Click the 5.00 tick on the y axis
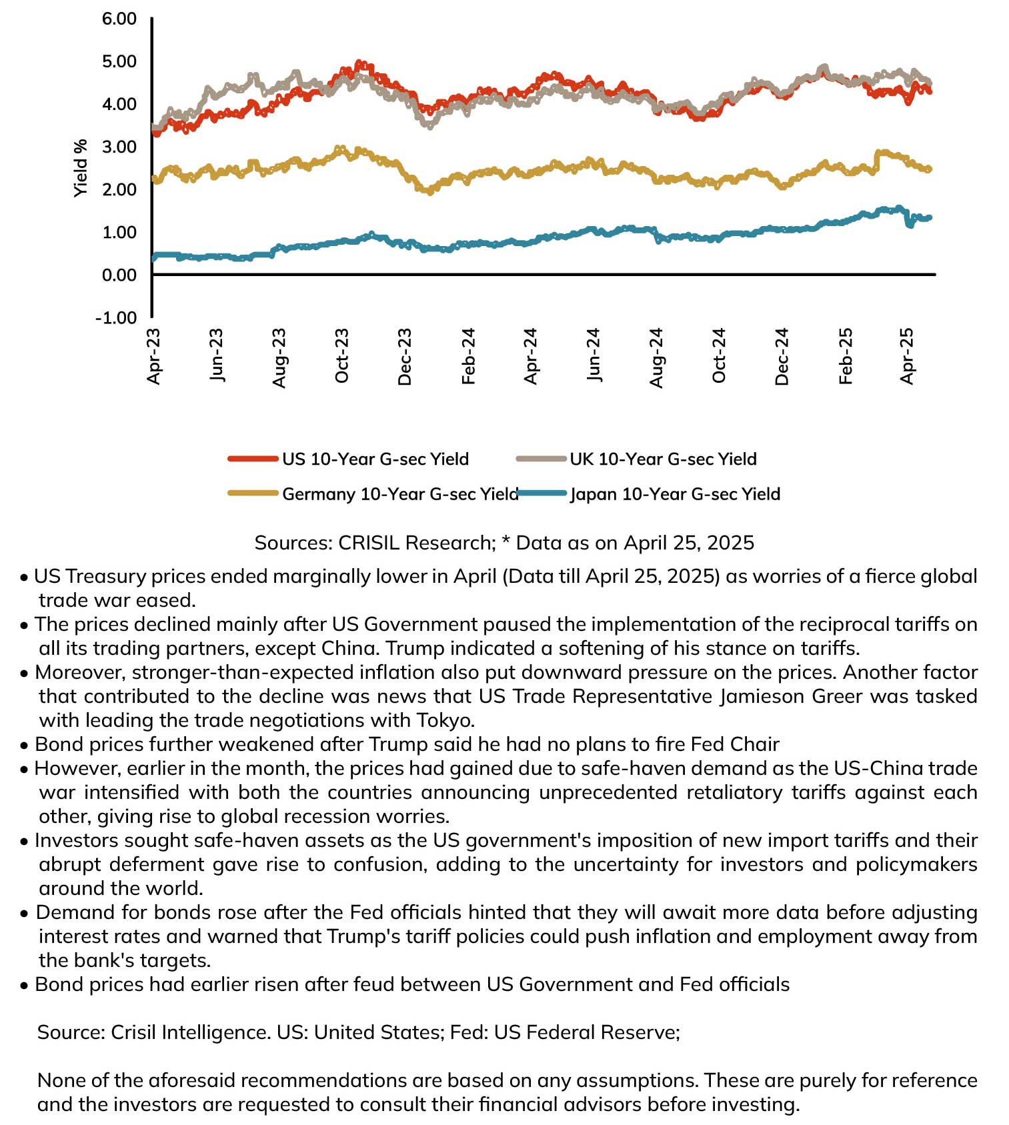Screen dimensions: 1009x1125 click(119, 61)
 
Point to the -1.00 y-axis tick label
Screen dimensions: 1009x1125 click(116, 317)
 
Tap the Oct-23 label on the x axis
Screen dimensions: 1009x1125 click(341, 356)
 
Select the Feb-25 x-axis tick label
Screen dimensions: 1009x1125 click(846, 356)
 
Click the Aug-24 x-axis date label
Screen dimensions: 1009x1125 click(657, 357)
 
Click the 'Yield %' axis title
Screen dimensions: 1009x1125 click(81, 168)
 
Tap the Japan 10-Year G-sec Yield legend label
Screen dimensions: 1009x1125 click(675, 494)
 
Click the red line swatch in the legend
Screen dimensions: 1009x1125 click(253, 459)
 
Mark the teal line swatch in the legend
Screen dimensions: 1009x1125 click(543, 493)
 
